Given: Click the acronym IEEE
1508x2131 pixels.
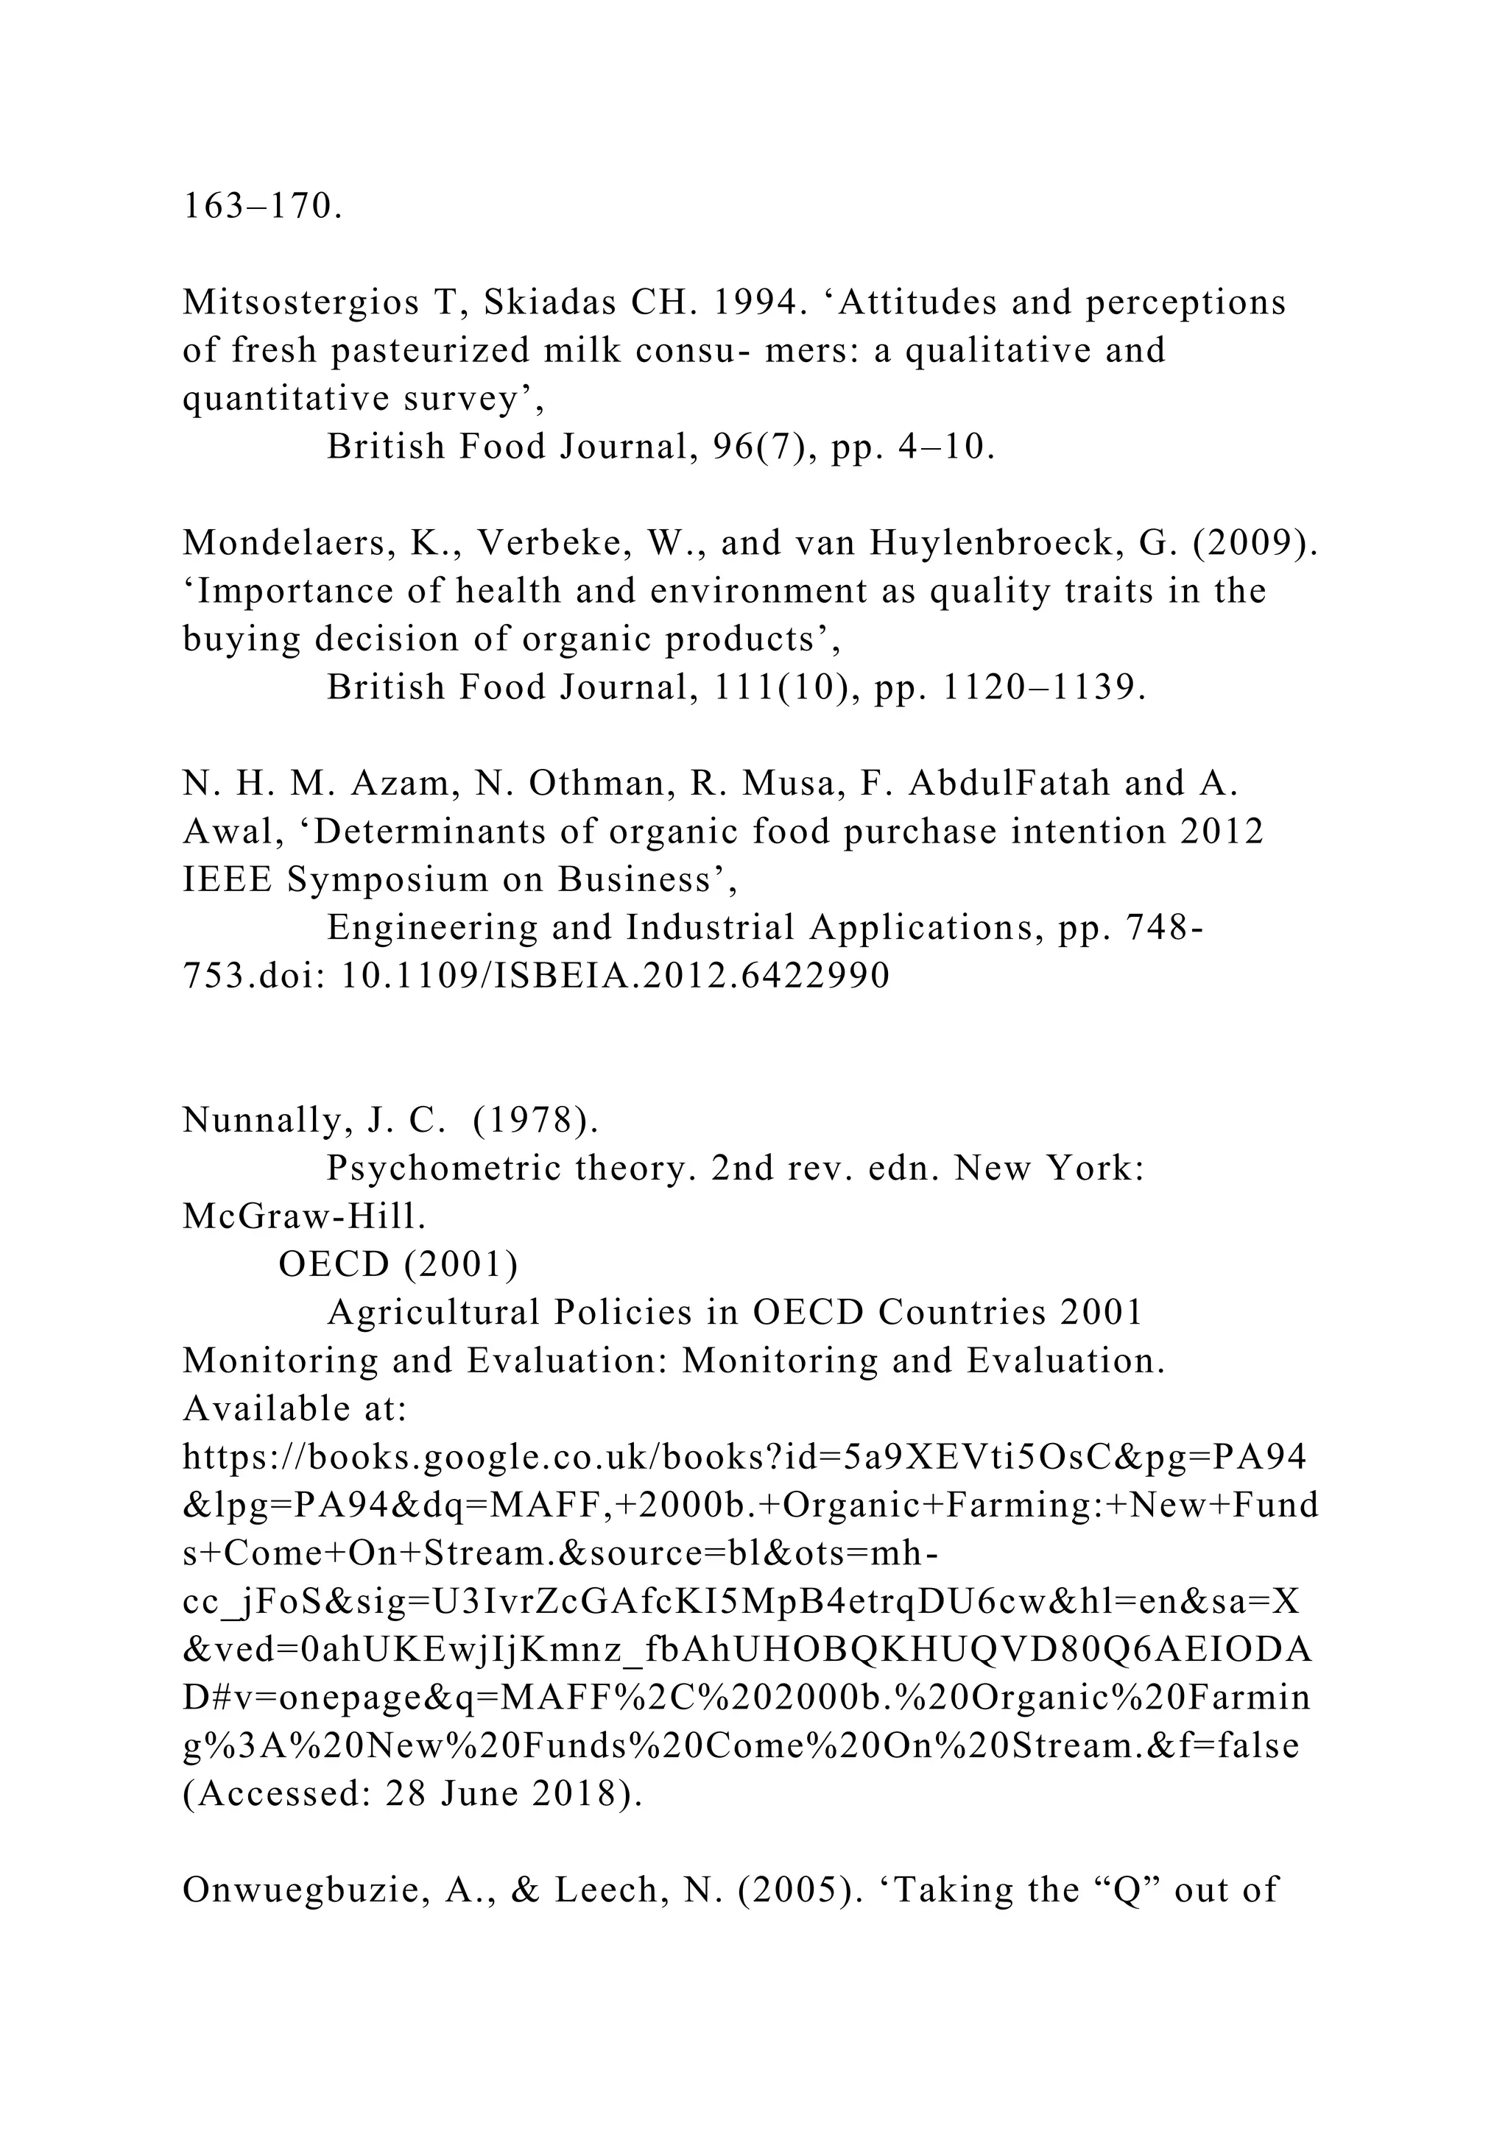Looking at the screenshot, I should (228, 880).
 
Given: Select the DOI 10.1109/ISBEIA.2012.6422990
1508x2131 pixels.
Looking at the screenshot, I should (616, 976).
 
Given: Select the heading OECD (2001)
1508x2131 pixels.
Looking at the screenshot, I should (398, 1264).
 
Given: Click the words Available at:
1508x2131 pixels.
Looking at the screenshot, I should (295, 1409).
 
